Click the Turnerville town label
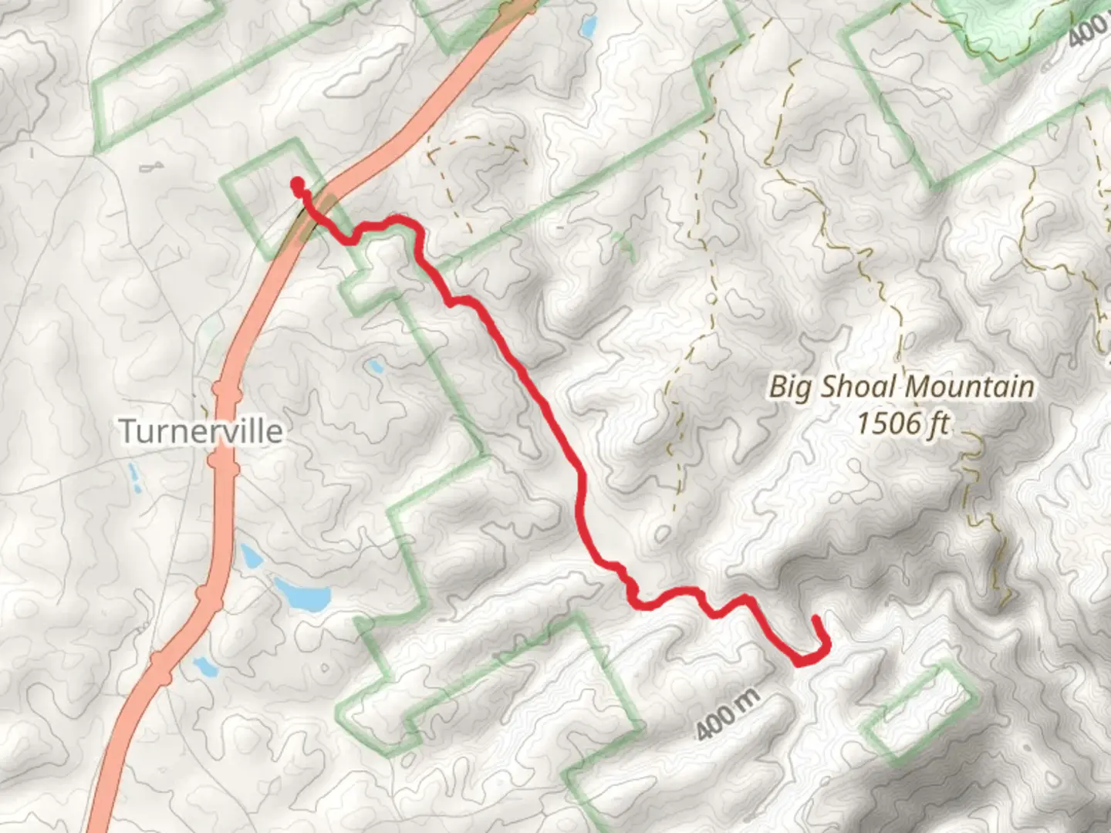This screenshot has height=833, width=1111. (201, 430)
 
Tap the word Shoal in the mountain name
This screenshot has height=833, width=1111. (857, 386)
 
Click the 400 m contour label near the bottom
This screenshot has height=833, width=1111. (728, 713)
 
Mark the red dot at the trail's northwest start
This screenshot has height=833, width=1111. (296, 184)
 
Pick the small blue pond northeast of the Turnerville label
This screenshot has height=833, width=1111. (376, 366)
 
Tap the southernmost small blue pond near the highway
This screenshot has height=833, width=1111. (205, 666)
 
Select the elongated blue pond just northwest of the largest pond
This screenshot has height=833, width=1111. (249, 555)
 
